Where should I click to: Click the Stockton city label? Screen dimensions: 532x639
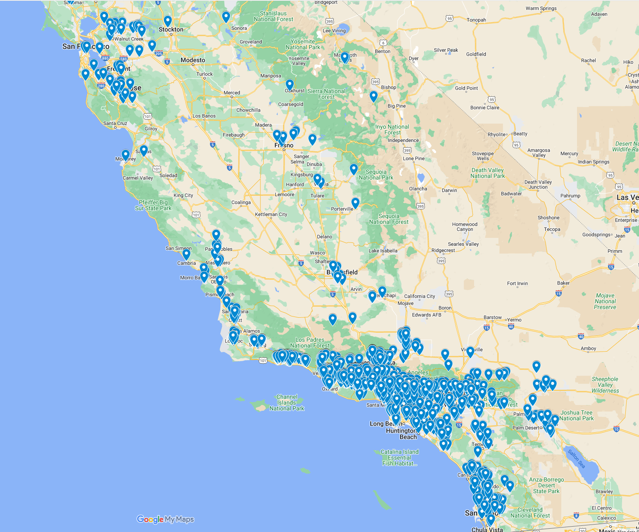pos(171,30)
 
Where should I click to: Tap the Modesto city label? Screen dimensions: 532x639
pos(193,60)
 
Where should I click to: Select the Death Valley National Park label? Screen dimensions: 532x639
pos(487,173)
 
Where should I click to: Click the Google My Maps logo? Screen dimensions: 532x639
pos(165,519)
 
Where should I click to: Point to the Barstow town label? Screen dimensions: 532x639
pos(492,317)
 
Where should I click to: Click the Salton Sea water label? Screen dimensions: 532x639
pos(576,459)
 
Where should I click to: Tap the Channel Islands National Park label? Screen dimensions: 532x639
pos(286,403)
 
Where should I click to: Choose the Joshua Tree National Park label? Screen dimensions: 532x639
pos(576,415)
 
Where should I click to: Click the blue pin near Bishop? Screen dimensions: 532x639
pos(373,96)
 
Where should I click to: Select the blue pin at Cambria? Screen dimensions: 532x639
pos(186,254)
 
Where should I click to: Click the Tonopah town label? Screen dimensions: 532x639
pos(476,20)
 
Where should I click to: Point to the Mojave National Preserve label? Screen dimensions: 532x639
pos(605,301)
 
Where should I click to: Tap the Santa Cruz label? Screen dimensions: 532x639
pos(115,123)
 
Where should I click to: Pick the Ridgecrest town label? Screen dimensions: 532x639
pos(443,250)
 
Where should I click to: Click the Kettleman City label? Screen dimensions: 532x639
pos(271,214)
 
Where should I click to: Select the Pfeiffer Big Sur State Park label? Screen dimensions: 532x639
pos(153,205)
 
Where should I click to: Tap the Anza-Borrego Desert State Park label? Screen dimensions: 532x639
pos(546,485)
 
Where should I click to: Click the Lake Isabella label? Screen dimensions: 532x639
pos(383,251)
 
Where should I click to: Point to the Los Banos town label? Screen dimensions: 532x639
pos(204,116)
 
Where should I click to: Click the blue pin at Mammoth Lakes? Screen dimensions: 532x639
pos(344,57)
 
